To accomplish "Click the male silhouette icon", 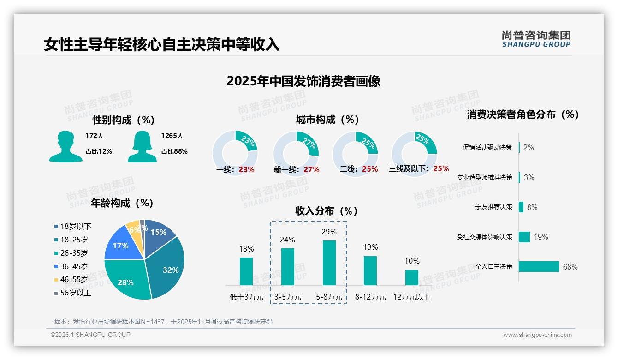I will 65,147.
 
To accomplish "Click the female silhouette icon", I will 142,147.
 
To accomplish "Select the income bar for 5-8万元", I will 329,263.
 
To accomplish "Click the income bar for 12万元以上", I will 411,277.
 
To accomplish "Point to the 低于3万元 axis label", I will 246,297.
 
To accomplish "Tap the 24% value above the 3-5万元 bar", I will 287,240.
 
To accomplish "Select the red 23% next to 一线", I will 246,169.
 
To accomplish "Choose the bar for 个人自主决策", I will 539,266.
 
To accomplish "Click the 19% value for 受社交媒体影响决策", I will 541,237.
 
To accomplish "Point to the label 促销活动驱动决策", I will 487,147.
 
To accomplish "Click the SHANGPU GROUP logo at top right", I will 536,39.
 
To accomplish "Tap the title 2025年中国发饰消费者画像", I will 303,81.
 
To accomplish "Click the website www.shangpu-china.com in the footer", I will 537,335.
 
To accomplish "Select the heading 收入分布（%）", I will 327,211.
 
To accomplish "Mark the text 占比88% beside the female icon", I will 174,151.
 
